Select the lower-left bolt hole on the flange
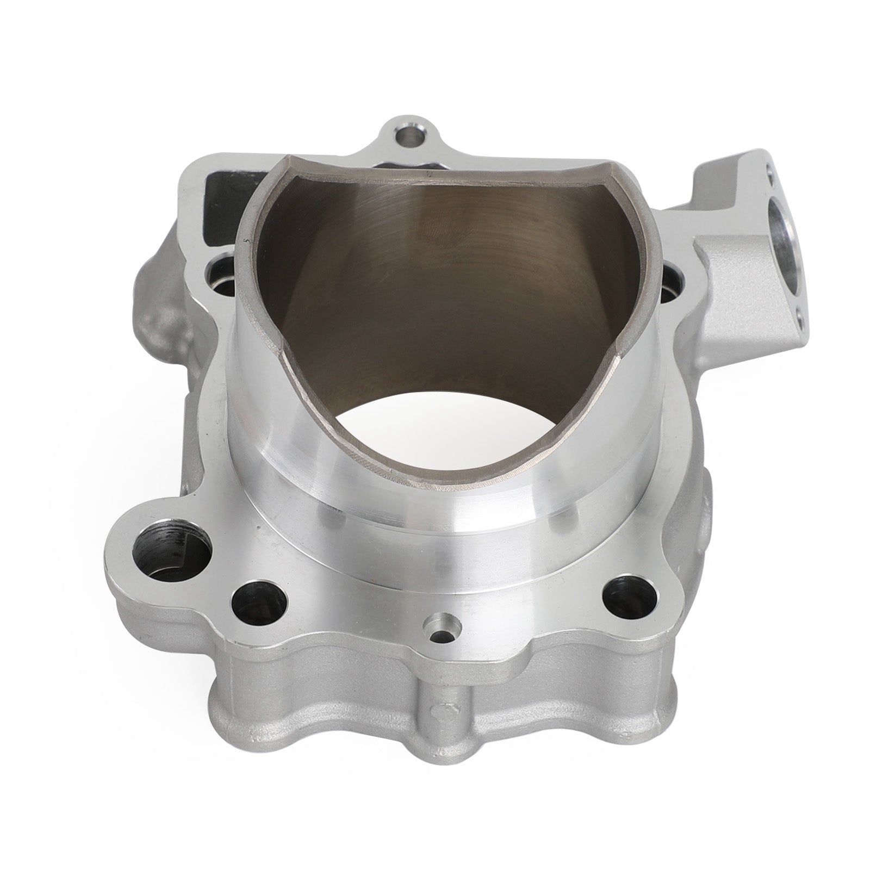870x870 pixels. [x=259, y=599]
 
